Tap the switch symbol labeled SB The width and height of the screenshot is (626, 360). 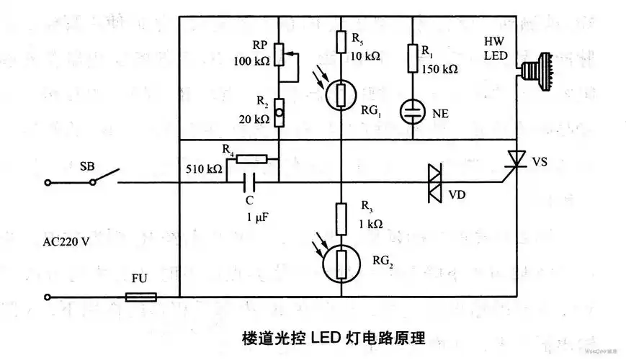coord(105,176)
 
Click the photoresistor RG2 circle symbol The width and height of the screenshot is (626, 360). coord(339,262)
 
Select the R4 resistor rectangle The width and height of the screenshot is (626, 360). coord(251,160)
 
